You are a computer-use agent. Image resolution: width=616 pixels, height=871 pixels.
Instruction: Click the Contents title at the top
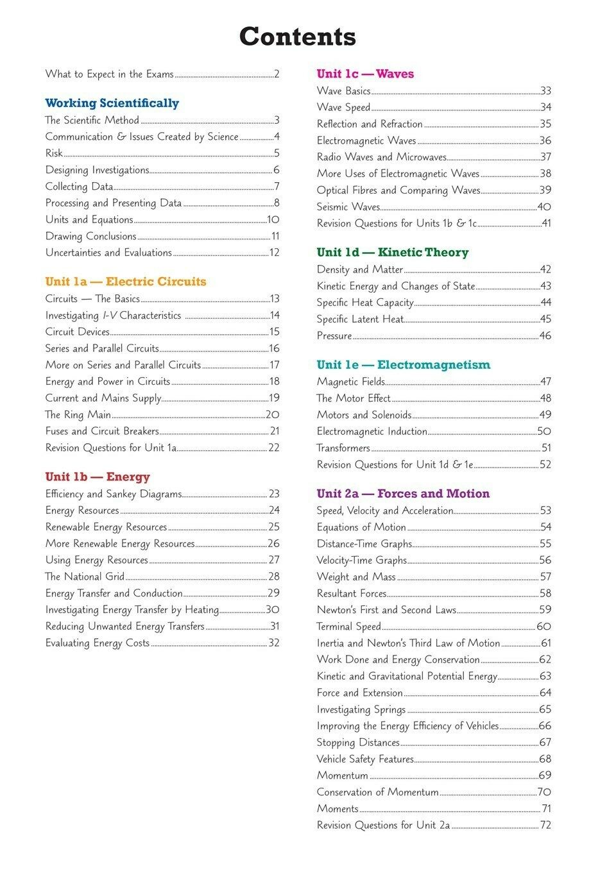(297, 37)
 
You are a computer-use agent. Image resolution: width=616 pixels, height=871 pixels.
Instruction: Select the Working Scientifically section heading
(112, 103)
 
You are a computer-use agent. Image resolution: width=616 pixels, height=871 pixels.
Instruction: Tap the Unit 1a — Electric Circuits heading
(126, 282)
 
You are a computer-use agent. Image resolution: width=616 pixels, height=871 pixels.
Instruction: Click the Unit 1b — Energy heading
(98, 477)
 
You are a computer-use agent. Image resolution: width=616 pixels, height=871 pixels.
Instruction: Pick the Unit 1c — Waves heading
(365, 74)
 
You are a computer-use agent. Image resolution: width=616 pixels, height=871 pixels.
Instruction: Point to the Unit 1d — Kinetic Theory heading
(393, 252)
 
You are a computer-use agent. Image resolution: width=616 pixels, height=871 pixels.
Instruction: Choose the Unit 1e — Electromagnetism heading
(403, 365)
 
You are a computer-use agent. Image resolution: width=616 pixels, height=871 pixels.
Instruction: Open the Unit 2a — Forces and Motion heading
(403, 493)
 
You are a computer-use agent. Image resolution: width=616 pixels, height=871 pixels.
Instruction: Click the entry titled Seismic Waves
(348, 207)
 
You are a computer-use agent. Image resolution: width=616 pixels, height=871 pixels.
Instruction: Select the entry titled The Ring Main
(78, 414)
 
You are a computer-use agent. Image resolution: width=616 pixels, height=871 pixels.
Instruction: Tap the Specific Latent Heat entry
(360, 319)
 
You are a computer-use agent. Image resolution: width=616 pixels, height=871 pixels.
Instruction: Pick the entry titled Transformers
(343, 448)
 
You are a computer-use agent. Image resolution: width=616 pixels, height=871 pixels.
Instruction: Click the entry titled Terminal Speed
(348, 626)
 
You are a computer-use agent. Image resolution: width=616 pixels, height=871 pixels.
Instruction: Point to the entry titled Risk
(54, 153)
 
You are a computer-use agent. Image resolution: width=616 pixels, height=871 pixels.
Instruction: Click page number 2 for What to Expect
(277, 74)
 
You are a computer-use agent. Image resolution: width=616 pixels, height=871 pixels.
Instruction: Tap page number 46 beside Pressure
(545, 335)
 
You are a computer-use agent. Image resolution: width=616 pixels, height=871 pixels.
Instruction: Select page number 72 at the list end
(545, 825)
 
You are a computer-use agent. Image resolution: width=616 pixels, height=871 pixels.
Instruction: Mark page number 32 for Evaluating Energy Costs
(274, 643)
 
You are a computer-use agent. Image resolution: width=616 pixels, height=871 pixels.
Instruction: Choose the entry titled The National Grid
(85, 576)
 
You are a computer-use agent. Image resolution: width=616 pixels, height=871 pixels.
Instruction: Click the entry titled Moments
(338, 808)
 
